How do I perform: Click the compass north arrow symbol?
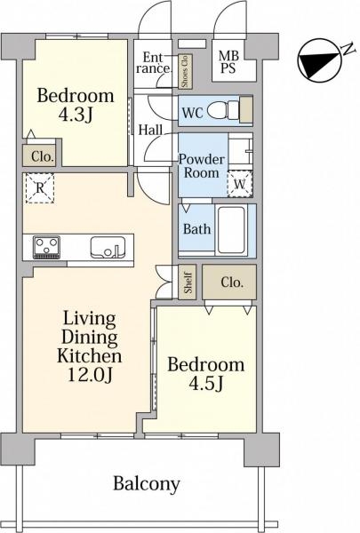pyautogui.click(x=319, y=60)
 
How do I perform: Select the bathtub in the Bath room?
pyautogui.click(x=231, y=230)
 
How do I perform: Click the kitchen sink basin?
pyautogui.click(x=108, y=246)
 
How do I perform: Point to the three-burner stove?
pyautogui.click(x=46, y=247)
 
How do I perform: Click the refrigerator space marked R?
pyautogui.click(x=40, y=188)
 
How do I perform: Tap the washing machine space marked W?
pyautogui.click(x=239, y=184)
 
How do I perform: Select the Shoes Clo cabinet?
pyautogui.click(x=186, y=71)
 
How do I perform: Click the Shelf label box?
pyautogui.click(x=188, y=282)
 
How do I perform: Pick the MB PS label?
pyautogui.click(x=228, y=61)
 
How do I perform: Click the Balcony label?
pyautogui.click(x=147, y=484)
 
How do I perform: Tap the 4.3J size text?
pyautogui.click(x=76, y=115)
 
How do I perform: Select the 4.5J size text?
pyautogui.click(x=206, y=384)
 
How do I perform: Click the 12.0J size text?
pyautogui.click(x=90, y=375)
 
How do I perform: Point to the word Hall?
pyautogui.click(x=150, y=130)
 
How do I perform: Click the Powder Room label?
pyautogui.click(x=202, y=166)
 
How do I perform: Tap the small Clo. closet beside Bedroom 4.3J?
pyautogui.click(x=39, y=156)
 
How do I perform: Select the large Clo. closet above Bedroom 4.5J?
pyautogui.click(x=229, y=282)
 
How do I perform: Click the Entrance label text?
pyautogui.click(x=154, y=63)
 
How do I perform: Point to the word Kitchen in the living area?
pyautogui.click(x=90, y=356)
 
